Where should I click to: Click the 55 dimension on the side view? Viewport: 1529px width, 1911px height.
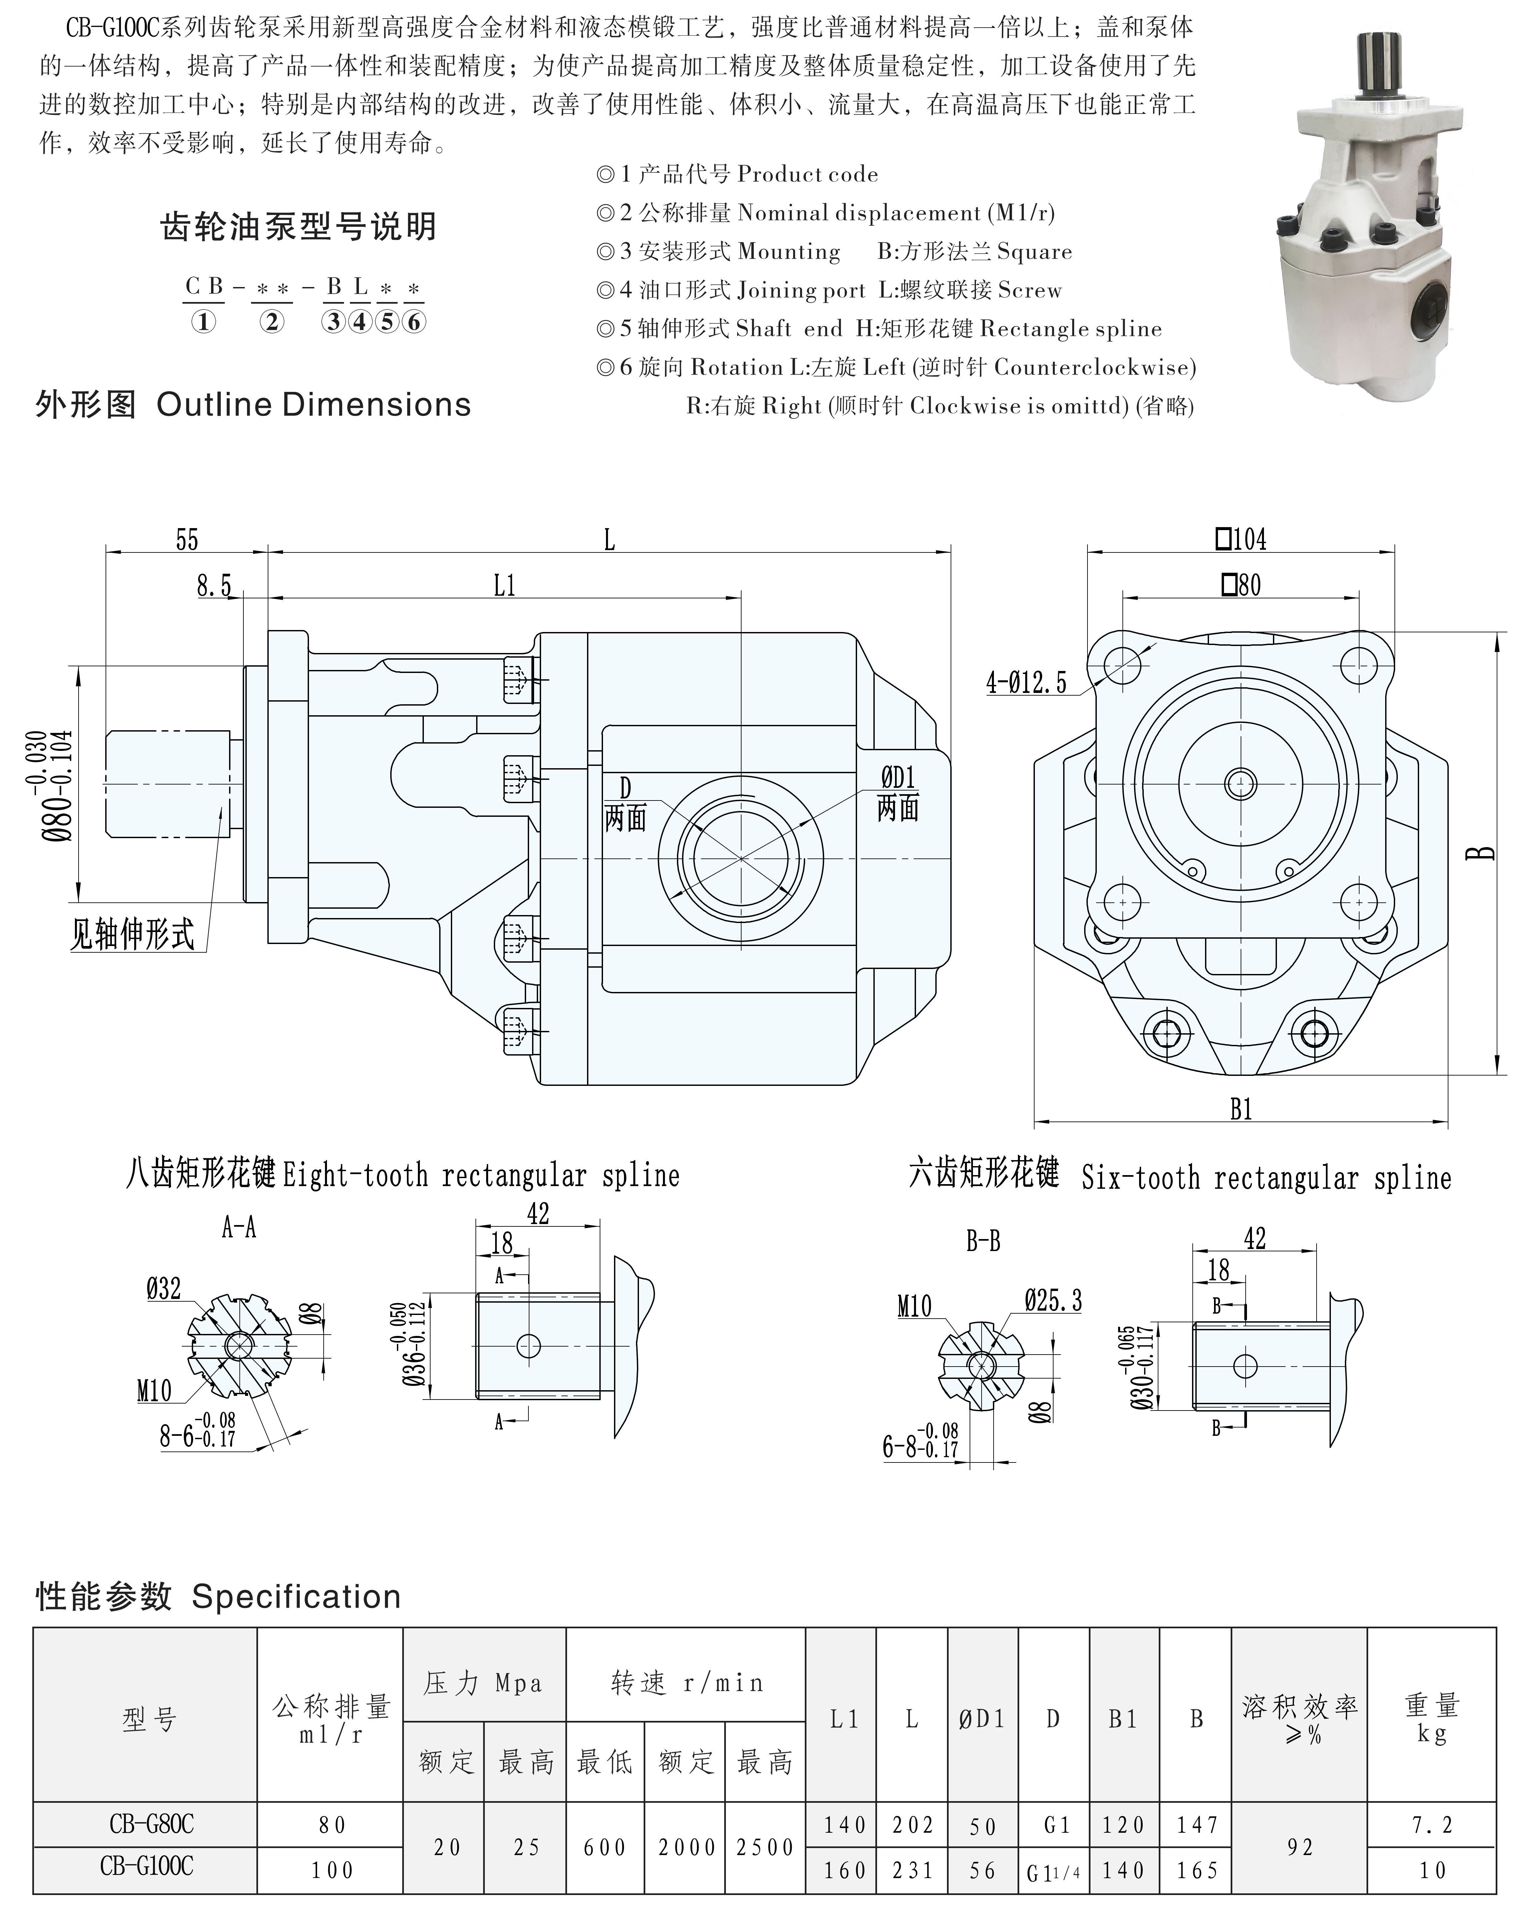click(x=187, y=540)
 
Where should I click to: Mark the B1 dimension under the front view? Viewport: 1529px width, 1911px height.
click(x=1241, y=1109)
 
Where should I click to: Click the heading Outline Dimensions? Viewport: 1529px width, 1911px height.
click(x=313, y=405)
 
